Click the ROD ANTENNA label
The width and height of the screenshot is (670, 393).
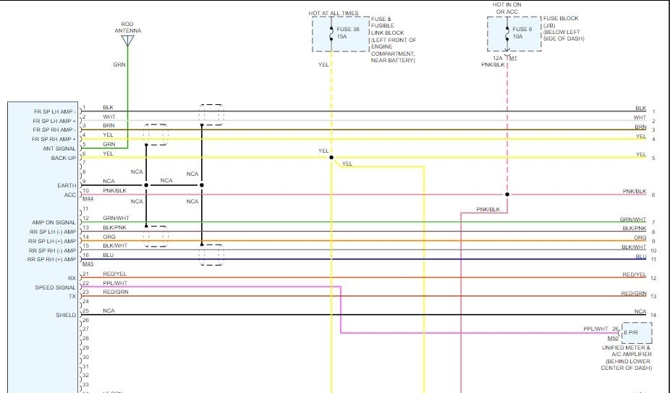click(127, 28)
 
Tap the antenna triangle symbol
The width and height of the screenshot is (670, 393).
click(127, 41)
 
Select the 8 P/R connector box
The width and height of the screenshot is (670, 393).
click(635, 333)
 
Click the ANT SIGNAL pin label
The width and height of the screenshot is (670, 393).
click(59, 148)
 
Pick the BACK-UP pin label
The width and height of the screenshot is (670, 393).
click(63, 158)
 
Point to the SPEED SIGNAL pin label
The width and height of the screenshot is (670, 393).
click(55, 287)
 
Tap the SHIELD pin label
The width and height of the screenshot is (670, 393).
click(65, 315)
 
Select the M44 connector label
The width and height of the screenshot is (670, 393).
click(88, 199)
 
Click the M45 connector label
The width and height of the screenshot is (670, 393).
click(88, 264)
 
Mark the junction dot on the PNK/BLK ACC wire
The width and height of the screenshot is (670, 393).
click(507, 195)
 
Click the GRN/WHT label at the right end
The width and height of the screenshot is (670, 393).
click(632, 219)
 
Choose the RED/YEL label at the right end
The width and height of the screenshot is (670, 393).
click(634, 275)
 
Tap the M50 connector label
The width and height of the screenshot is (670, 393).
click(613, 338)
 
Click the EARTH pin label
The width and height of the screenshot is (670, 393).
click(67, 185)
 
